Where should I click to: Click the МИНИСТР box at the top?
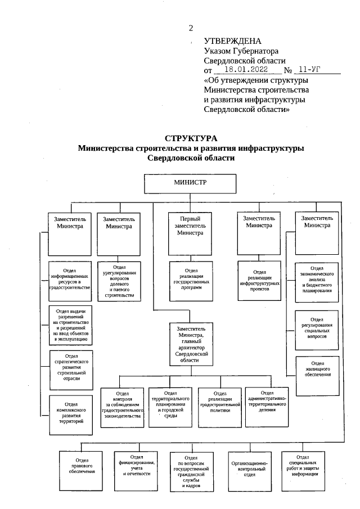(x=190, y=184)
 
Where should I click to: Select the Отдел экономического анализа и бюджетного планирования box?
(x=317, y=280)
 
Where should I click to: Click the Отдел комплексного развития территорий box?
(x=71, y=415)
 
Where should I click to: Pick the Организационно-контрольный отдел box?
(x=249, y=470)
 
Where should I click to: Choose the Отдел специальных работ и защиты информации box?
(x=305, y=469)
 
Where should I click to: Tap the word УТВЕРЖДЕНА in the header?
(x=233, y=41)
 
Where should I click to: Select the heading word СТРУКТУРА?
(x=191, y=138)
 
